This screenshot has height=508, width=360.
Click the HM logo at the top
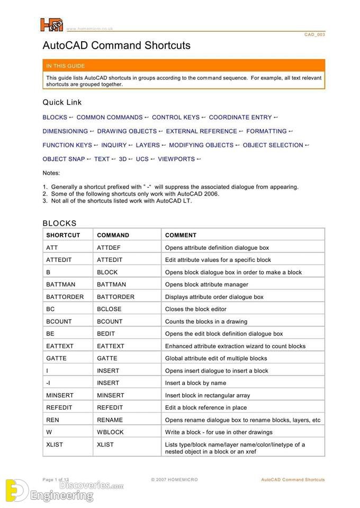pos(51,25)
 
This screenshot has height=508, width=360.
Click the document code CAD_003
pos(314,34)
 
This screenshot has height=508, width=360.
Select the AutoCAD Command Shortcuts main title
pos(116,46)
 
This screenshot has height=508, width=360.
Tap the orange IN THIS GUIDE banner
pos(183,66)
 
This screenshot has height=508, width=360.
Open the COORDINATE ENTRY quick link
pos(240,117)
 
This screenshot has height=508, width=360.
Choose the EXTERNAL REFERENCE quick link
pos(201,131)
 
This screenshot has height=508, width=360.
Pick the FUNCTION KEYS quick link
pos(67,145)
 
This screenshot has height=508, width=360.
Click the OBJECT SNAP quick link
pos(64,159)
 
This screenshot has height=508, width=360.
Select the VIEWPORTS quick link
pos(176,159)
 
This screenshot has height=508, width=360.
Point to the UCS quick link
pos(142,159)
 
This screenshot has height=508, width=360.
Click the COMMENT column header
pos(181,235)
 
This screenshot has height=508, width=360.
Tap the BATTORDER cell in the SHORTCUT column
pos(65,297)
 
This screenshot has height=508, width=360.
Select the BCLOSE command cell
pos(109,309)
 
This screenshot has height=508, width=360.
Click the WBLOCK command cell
pos(110,432)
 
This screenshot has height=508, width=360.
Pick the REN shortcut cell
pos(53,420)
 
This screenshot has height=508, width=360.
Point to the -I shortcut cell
pos(49,383)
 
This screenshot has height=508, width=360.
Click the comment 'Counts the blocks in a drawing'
pos(206,321)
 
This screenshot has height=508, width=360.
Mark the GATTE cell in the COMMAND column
pos(107,358)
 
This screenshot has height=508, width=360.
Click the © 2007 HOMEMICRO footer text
pos(174,480)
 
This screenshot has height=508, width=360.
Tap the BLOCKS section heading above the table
pos(59,223)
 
